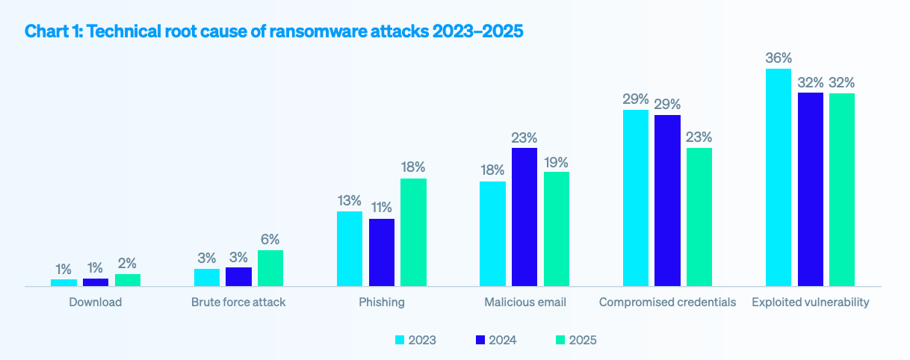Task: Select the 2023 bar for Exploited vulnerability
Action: click(x=779, y=178)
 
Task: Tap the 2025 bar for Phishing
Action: click(x=413, y=232)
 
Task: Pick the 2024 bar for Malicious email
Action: click(x=524, y=217)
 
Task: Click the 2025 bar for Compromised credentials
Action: click(x=699, y=217)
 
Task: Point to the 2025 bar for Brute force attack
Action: click(x=270, y=268)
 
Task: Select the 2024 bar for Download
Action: click(x=96, y=282)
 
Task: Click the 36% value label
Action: click(x=779, y=58)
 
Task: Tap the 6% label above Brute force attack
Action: click(x=270, y=240)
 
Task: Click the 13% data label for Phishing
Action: click(x=350, y=201)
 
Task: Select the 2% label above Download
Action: click(x=128, y=264)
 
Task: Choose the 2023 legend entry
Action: click(x=415, y=340)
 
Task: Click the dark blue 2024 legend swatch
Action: click(x=480, y=340)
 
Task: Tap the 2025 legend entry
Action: click(x=576, y=340)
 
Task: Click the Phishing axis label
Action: click(x=381, y=302)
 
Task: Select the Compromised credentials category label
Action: click(x=667, y=302)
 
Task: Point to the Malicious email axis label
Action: click(x=524, y=302)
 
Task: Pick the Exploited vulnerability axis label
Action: click(x=811, y=302)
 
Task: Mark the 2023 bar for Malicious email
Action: click(x=492, y=234)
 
